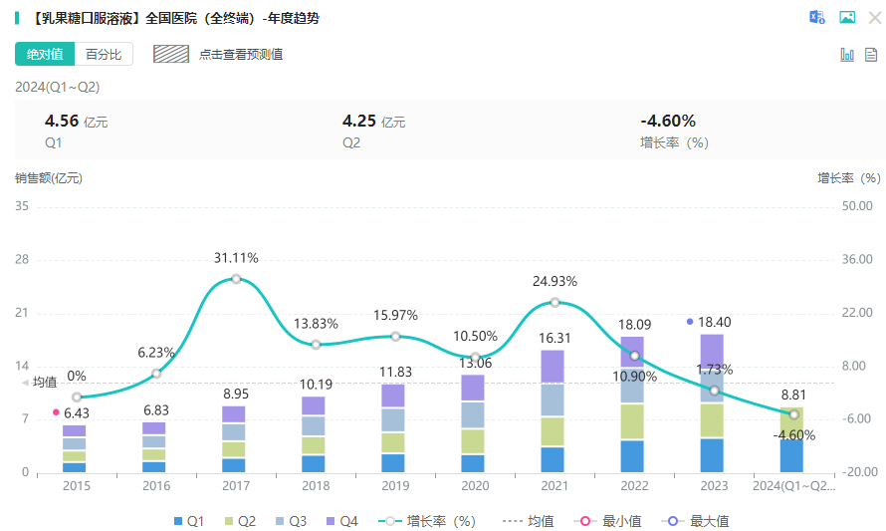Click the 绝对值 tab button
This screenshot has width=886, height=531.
(45, 54)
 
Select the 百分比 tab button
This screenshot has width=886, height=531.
(104, 54)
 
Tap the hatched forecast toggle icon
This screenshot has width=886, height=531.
(171, 54)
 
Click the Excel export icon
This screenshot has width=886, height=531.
(817, 17)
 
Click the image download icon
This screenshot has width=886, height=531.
(847, 17)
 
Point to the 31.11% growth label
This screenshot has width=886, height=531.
(236, 258)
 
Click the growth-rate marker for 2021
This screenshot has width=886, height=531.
(554, 302)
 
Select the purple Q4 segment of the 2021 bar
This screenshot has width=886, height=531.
(554, 367)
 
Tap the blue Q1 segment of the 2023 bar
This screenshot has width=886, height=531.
(712, 454)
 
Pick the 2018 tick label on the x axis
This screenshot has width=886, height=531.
(316, 486)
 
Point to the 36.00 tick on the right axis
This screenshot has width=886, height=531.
(857, 259)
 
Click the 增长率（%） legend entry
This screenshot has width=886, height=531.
(429, 521)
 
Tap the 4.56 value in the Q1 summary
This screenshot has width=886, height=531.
(62, 122)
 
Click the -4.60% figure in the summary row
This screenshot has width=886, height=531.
(668, 122)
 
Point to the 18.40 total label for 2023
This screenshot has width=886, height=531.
(714, 322)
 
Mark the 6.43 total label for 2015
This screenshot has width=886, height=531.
(77, 413)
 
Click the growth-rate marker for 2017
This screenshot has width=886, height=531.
(236, 279)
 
